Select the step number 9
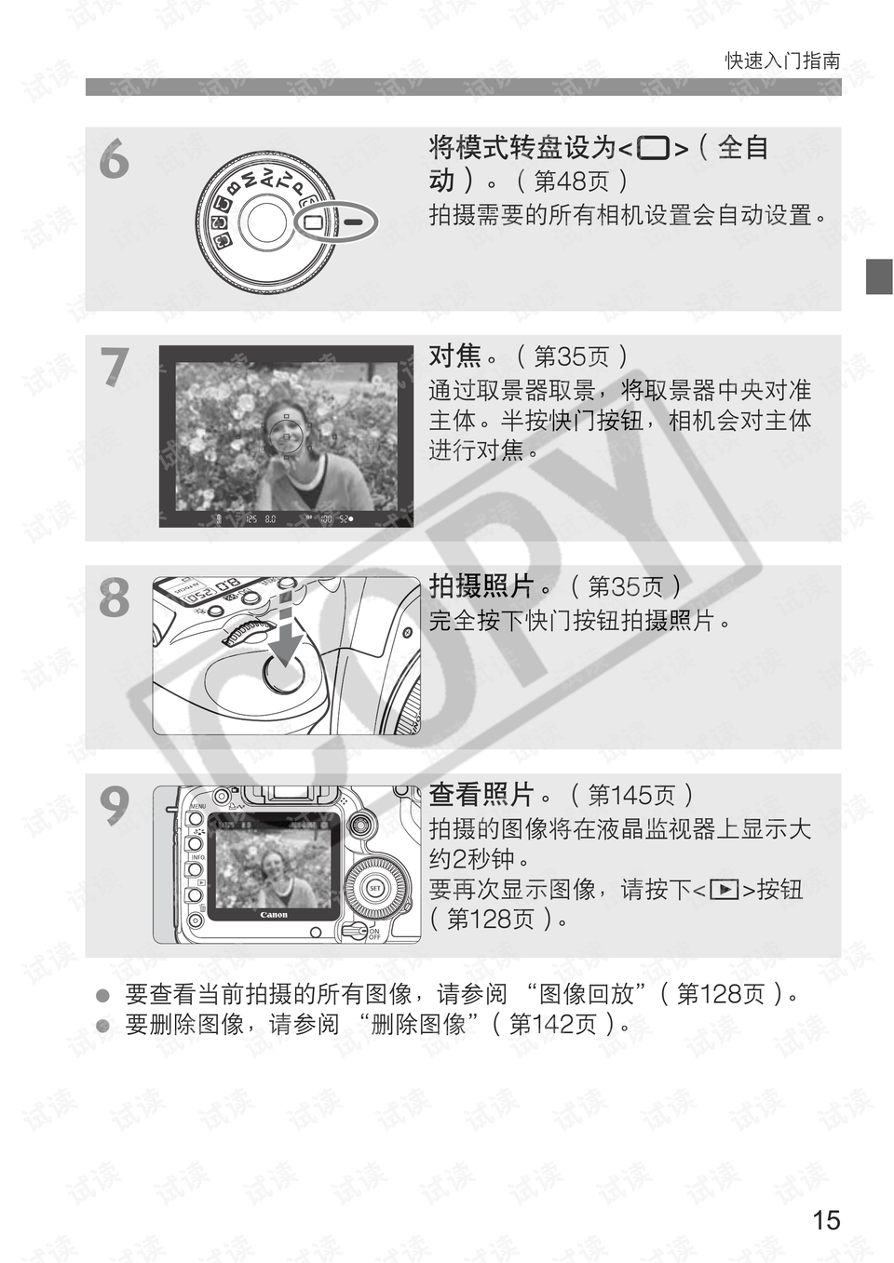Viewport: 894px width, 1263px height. pyautogui.click(x=115, y=805)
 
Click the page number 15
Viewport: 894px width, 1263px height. pyautogui.click(x=826, y=1220)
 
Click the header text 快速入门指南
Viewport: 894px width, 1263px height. pyautogui.click(x=782, y=61)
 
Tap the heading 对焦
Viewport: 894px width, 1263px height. pyautogui.click(x=454, y=356)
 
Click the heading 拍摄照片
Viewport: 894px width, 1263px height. pyautogui.click(x=481, y=586)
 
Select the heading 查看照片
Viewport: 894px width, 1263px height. pyautogui.click(x=481, y=795)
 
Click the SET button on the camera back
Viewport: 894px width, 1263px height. pyautogui.click(x=375, y=888)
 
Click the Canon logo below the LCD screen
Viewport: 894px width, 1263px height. pyautogui.click(x=274, y=915)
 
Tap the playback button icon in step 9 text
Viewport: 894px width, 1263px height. pyautogui.click(x=724, y=890)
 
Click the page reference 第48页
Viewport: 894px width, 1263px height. pyautogui.click(x=571, y=181)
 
